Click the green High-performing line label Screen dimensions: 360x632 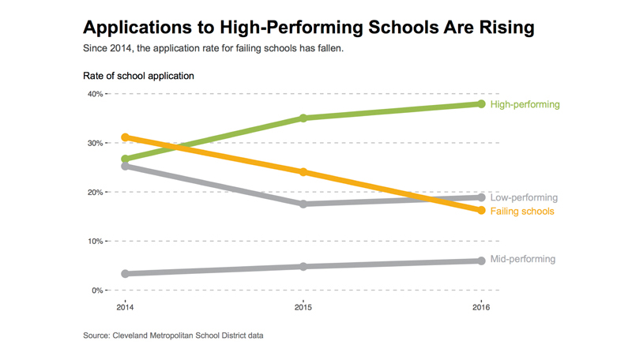point(525,104)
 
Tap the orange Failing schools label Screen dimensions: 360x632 point(522,212)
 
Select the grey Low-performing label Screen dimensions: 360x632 point(524,197)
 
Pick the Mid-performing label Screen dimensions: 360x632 point(522,259)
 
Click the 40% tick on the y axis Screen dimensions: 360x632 point(95,94)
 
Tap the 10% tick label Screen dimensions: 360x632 point(95,242)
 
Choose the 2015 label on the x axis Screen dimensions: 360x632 point(302,306)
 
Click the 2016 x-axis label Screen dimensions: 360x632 point(480,306)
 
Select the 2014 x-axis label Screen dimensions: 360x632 point(125,306)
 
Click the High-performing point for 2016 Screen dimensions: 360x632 point(480,103)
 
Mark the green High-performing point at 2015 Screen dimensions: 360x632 point(303,118)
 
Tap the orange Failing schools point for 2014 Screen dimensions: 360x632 point(125,137)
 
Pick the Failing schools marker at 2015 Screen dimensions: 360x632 point(303,172)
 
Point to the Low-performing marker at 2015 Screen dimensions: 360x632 point(303,204)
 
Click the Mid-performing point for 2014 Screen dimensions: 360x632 point(125,274)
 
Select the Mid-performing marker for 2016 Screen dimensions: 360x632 point(480,261)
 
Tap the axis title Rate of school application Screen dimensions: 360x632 point(137,76)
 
